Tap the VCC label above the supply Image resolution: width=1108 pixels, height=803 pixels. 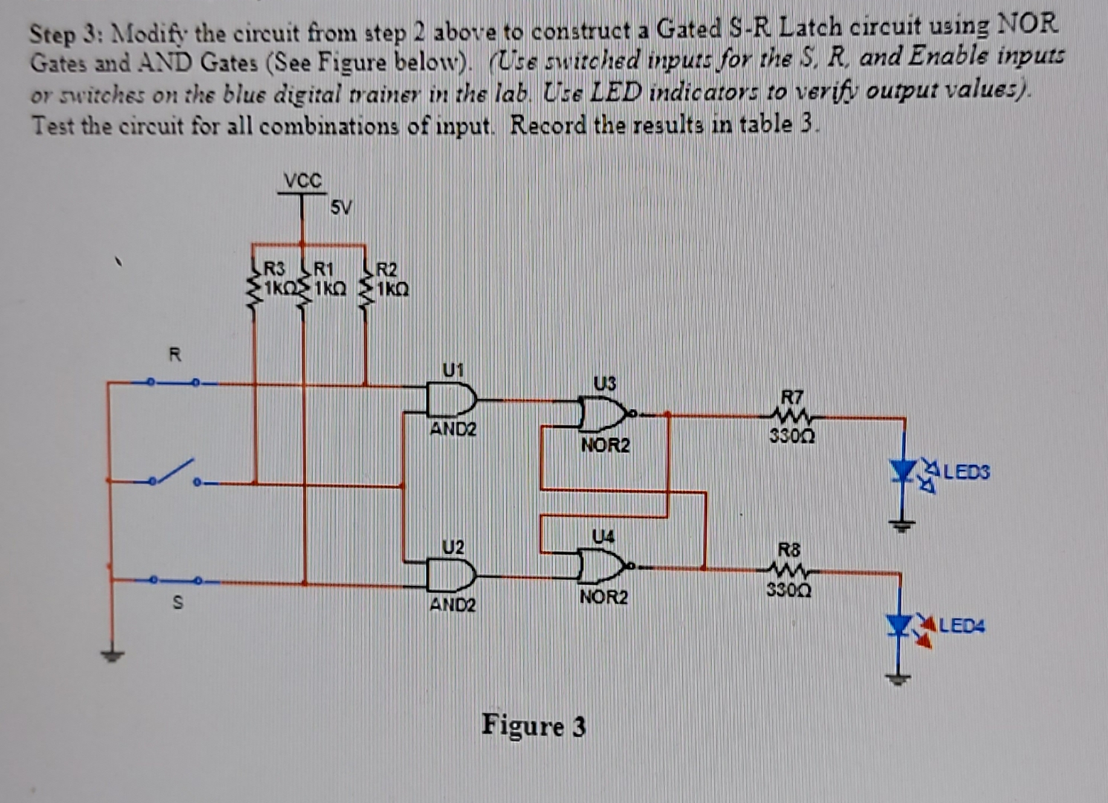pyautogui.click(x=303, y=181)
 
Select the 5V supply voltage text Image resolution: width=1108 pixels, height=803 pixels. pyautogui.click(x=340, y=207)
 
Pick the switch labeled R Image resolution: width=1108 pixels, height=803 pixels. pyautogui.click(x=172, y=382)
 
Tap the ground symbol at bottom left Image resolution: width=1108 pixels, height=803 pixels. pyautogui.click(x=111, y=655)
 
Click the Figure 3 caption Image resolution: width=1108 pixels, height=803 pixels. pyautogui.click(x=534, y=725)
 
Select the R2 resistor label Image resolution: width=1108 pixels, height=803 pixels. pyautogui.click(x=387, y=269)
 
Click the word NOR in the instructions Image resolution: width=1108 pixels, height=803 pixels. pyautogui.click(x=1026, y=24)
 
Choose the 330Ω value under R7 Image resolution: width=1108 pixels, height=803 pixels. pyautogui.click(x=791, y=436)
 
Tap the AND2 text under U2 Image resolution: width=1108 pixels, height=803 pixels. pyautogui.click(x=453, y=604)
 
